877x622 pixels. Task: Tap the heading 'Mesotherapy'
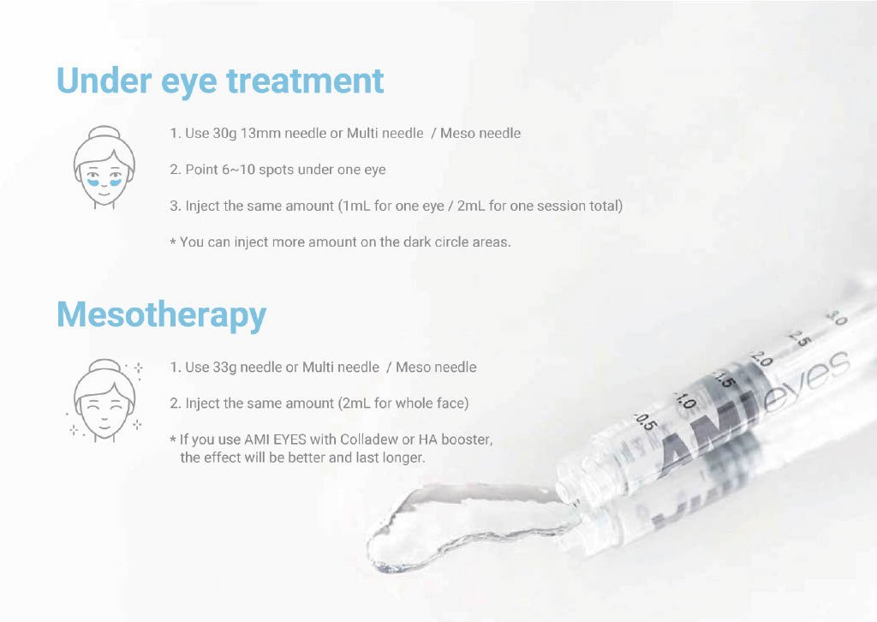pos(162,315)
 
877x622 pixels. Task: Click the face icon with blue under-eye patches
pos(104,167)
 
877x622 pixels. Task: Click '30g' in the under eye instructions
pos(224,134)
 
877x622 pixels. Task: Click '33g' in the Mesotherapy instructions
pos(224,368)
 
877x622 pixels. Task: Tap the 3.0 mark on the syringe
pos(838,318)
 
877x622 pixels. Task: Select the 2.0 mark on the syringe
pos(761,358)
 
